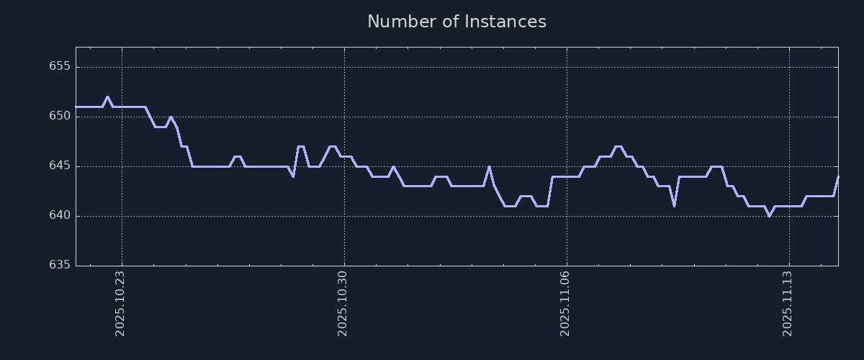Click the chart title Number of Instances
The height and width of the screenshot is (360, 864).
pos(456,22)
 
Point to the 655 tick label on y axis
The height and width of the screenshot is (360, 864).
pos(60,67)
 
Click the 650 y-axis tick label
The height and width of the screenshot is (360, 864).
pos(60,117)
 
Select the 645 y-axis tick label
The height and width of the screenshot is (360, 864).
pos(60,166)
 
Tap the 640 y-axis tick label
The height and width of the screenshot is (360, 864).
pos(60,216)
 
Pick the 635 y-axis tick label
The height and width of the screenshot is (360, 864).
pos(60,265)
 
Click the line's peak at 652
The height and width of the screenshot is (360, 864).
pos(107,96)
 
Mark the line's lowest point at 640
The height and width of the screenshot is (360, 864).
pos(769,215)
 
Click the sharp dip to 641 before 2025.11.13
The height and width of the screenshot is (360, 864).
pos(674,205)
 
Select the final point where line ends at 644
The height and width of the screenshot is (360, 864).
pos(838,176)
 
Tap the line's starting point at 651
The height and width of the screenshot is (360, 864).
pos(76,107)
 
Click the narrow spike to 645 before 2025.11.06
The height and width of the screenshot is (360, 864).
pos(489,166)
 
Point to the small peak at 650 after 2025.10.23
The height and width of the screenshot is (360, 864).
pos(171,117)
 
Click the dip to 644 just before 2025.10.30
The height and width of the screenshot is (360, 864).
pos(292,176)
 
